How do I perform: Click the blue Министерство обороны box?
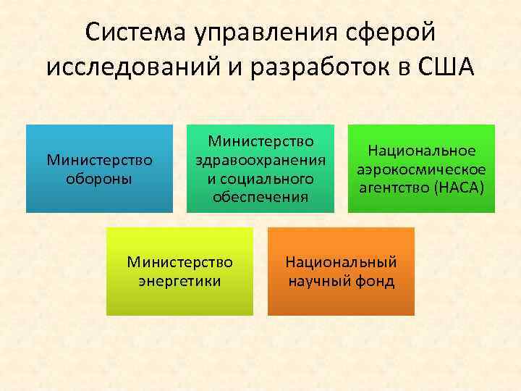pos(99,169)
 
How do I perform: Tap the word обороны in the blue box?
pos(99,178)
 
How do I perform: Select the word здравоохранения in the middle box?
pos(260,159)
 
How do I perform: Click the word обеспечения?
pos(260,196)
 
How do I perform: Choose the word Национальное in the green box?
pos(422,151)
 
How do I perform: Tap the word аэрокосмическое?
pos(422,169)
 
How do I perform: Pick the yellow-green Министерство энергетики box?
pos(179,272)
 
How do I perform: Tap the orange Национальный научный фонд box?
pos(341,272)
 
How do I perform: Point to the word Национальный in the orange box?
pos(341,262)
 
